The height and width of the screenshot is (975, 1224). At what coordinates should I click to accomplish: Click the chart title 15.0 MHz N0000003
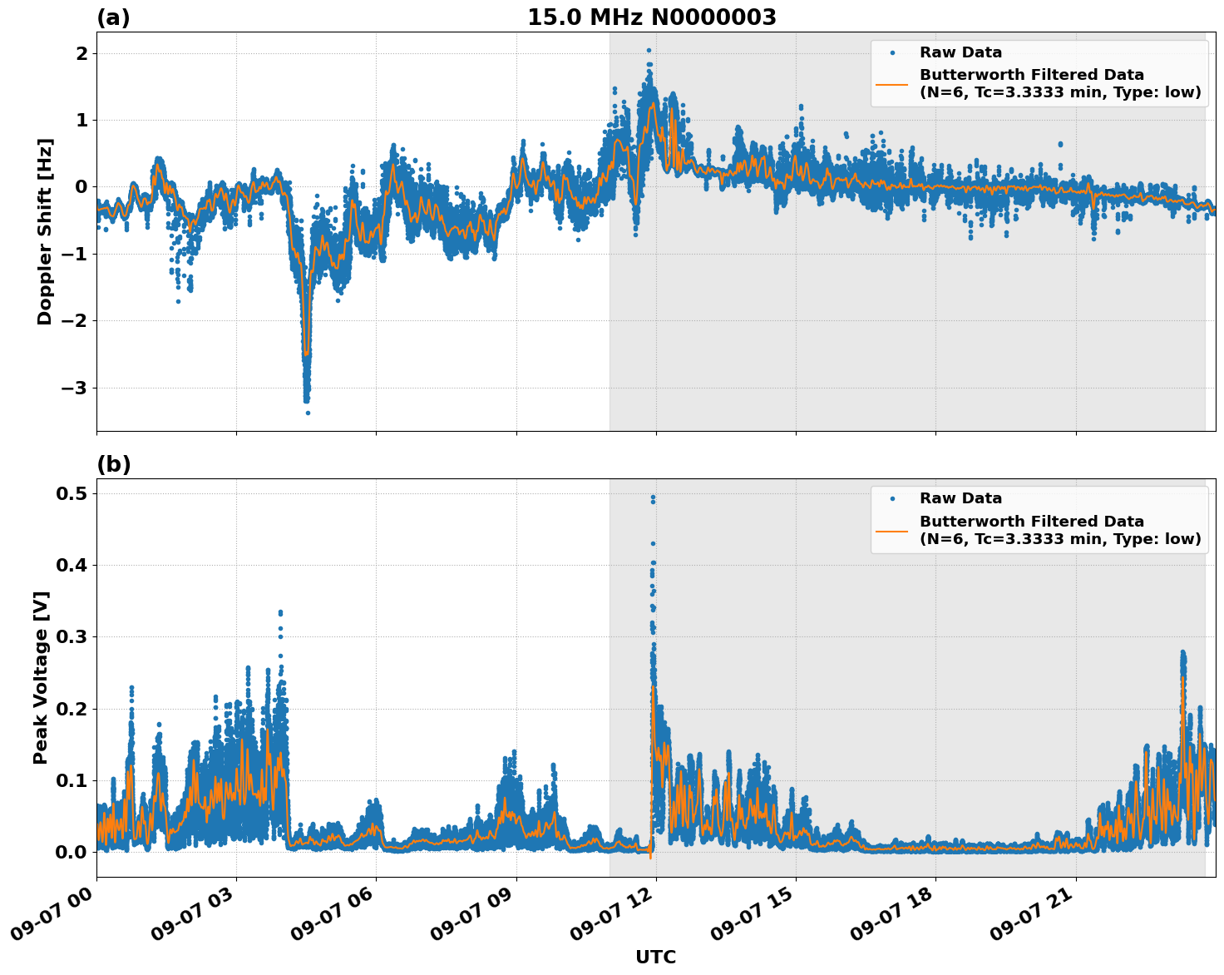[x=651, y=17]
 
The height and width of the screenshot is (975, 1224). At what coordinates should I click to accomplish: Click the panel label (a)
[x=113, y=17]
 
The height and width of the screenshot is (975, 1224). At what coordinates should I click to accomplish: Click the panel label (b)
[x=113, y=464]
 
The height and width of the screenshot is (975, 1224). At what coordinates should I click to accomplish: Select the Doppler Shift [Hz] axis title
[x=45, y=231]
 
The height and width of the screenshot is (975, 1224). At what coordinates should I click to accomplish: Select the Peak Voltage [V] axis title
[x=41, y=677]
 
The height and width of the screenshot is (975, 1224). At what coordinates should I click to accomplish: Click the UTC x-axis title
[x=655, y=957]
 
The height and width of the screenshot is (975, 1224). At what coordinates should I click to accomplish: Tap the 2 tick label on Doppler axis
[x=82, y=53]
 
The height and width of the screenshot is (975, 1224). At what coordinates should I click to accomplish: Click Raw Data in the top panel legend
[x=960, y=52]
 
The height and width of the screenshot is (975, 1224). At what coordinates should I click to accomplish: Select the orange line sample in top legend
[x=891, y=83]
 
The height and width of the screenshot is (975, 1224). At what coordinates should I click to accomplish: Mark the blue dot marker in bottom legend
[x=891, y=498]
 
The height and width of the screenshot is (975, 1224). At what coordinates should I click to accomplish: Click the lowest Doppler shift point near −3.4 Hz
[x=308, y=413]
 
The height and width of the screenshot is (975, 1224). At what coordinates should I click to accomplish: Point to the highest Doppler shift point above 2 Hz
[x=649, y=50]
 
